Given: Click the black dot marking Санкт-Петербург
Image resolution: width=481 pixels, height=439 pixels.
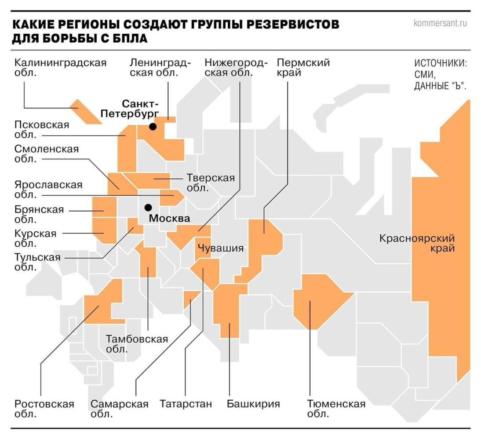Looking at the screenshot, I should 153,126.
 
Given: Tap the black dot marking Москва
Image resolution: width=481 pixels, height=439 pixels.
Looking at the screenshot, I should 149,207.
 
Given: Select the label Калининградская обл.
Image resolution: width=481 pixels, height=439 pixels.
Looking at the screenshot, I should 60,67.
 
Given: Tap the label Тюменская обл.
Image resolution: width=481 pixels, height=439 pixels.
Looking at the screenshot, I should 336,409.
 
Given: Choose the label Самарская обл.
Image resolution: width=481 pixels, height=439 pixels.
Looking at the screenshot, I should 120,409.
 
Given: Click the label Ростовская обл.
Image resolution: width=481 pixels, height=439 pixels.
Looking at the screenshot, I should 44,409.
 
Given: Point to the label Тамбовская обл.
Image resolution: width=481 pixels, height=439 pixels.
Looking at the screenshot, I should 137,344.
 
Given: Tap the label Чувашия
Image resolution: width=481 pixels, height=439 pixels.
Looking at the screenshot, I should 221,248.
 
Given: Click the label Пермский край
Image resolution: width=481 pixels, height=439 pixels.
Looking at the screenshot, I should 303,67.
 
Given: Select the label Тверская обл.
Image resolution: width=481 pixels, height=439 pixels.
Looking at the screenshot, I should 210,183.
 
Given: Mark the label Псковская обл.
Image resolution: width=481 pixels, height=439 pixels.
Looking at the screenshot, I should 42,130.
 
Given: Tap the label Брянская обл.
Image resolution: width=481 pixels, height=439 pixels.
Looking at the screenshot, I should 39,215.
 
